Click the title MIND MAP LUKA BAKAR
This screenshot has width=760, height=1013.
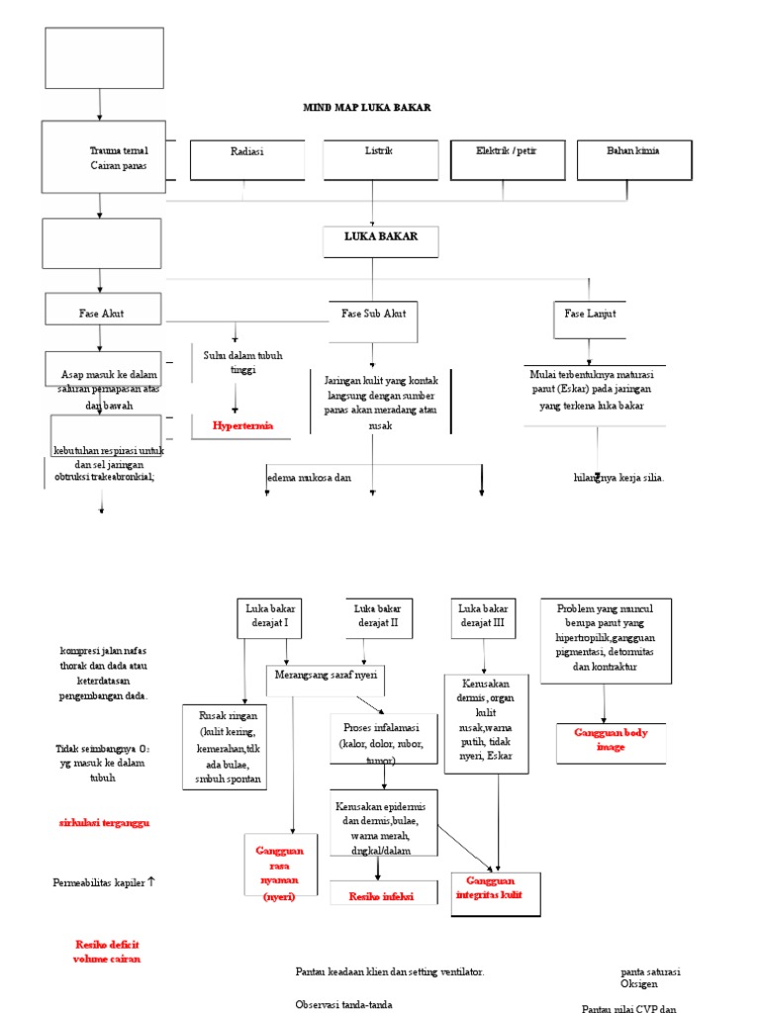(x=366, y=107)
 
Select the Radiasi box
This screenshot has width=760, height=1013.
(x=246, y=159)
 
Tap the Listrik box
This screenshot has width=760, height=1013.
(x=380, y=159)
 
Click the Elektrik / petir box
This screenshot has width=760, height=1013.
(x=507, y=159)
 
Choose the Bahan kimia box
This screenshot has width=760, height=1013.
(x=633, y=159)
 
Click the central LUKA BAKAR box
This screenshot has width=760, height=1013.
(x=380, y=240)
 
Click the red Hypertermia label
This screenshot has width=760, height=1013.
(x=242, y=426)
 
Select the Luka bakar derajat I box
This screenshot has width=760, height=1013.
(x=267, y=617)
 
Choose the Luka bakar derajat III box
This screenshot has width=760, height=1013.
(x=484, y=617)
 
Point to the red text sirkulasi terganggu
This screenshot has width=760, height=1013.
(x=103, y=822)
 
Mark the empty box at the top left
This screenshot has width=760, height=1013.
(x=104, y=57)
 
